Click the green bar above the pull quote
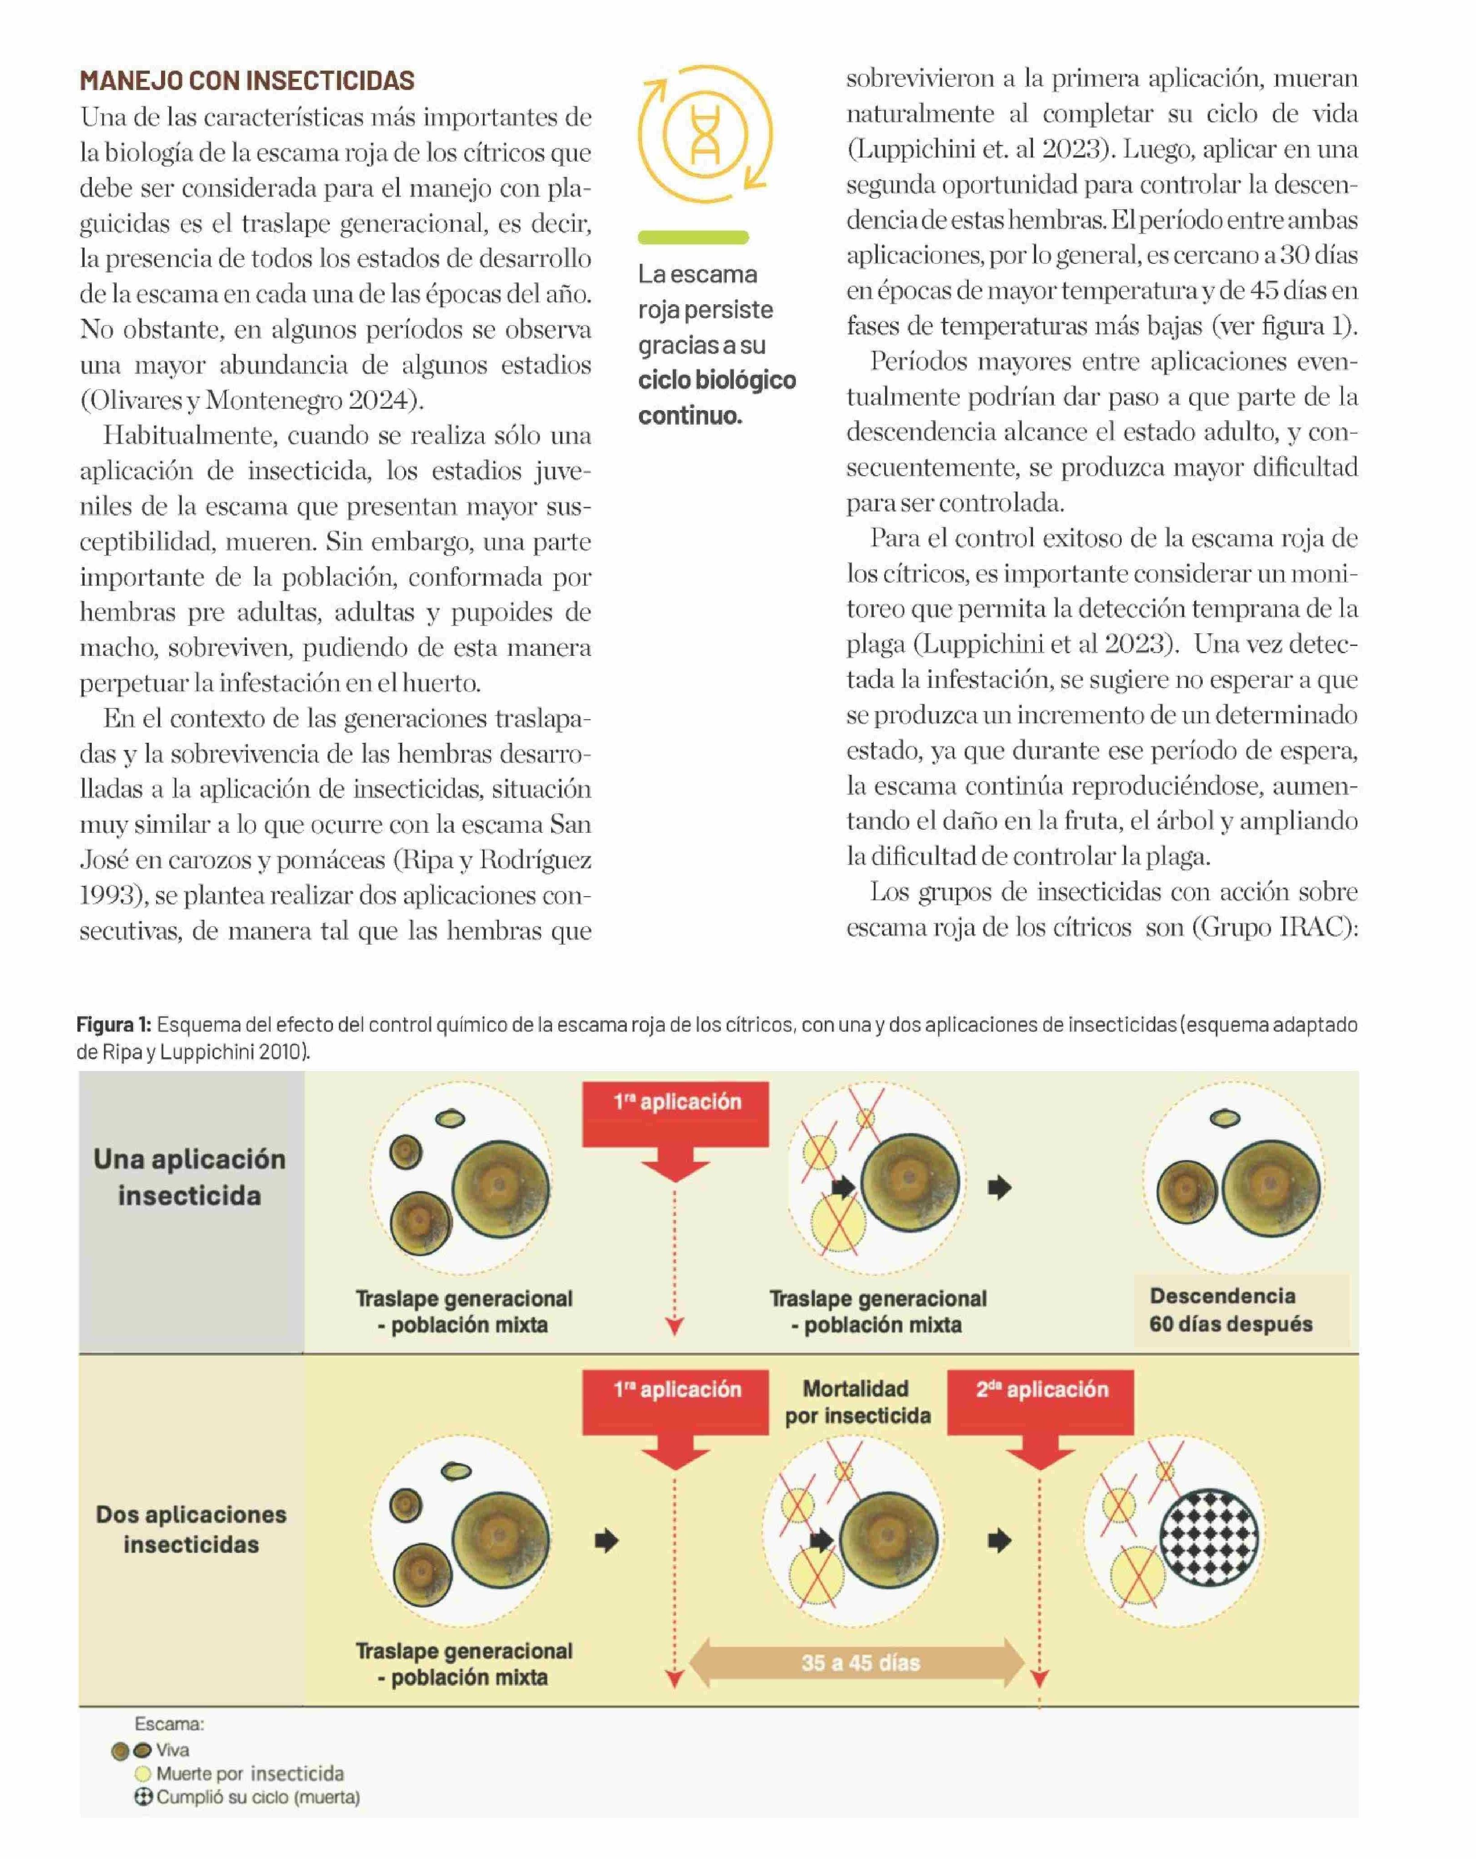click(693, 237)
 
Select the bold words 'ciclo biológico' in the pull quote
click(716, 380)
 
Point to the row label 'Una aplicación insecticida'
click(190, 1177)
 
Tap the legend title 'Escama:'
click(169, 1724)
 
